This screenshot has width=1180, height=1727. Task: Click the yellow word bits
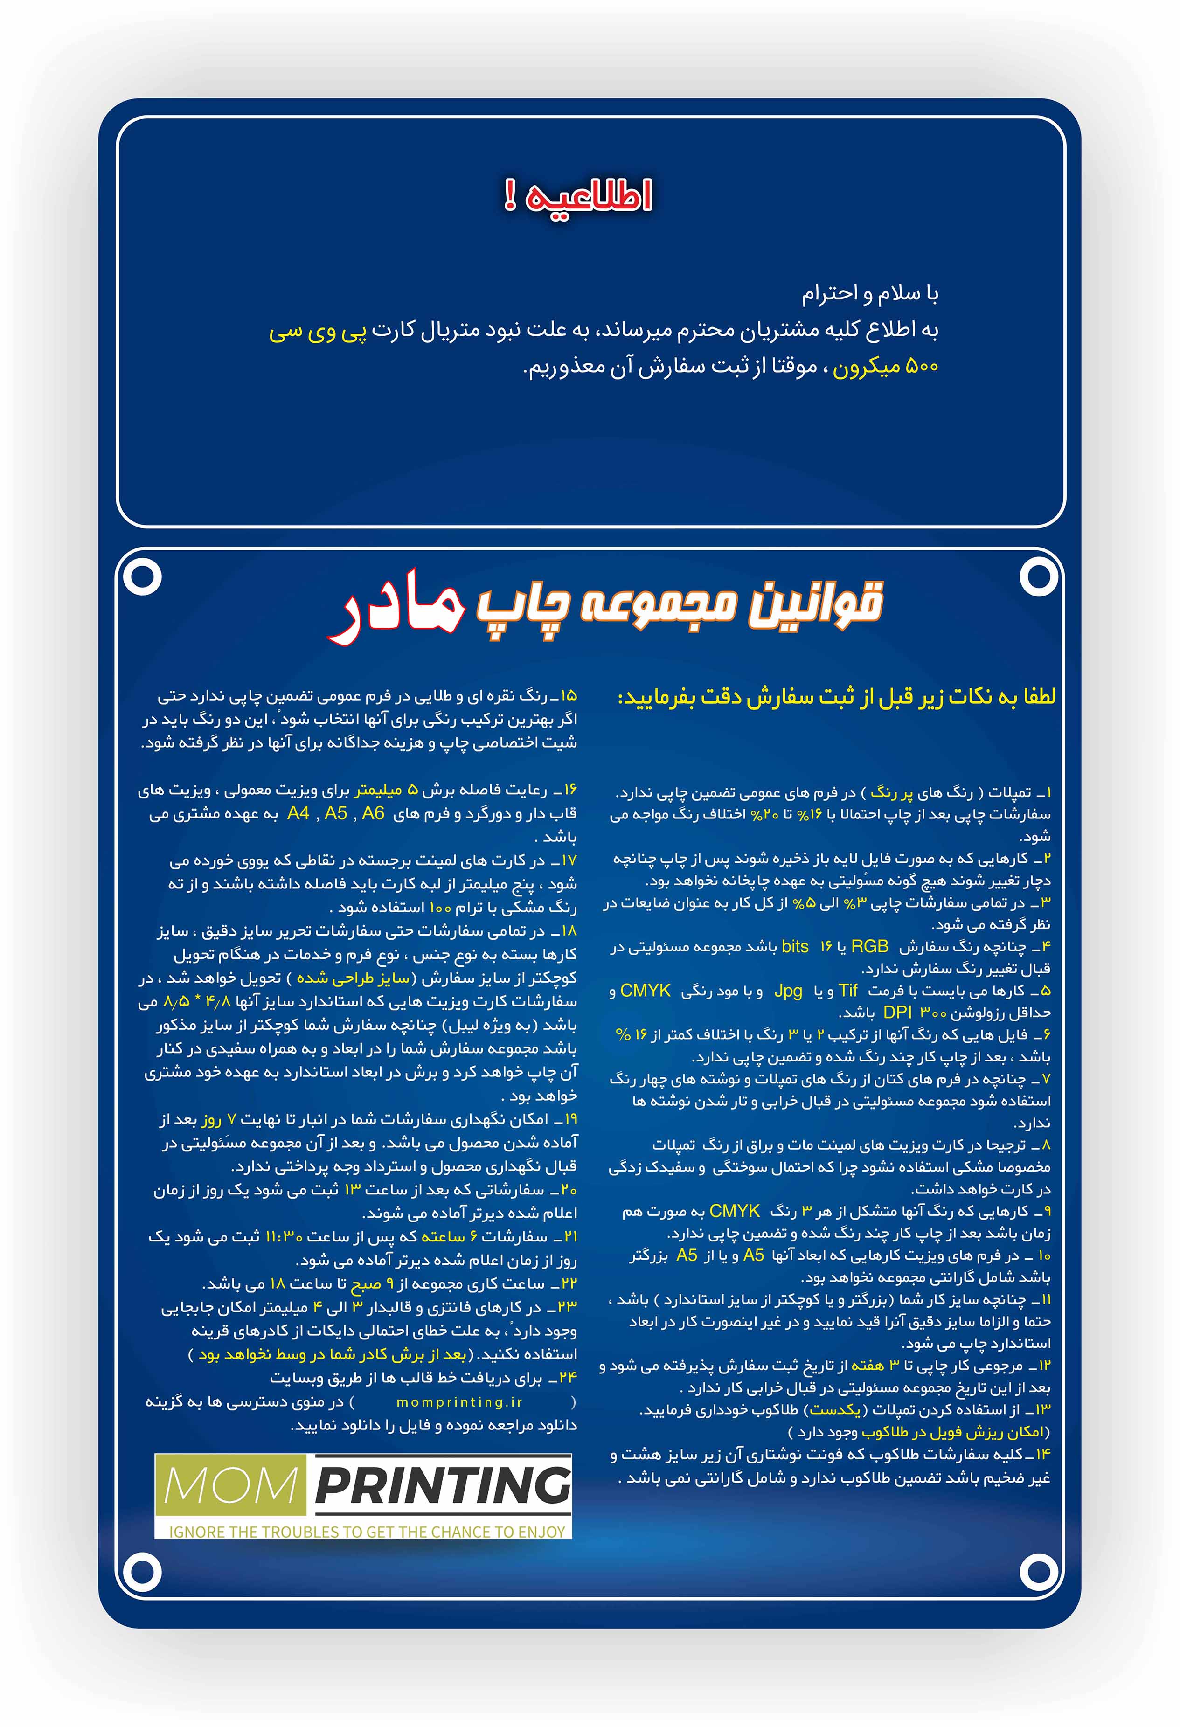795,947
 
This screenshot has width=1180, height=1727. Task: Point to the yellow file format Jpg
788,991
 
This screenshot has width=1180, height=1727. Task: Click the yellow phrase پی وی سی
318,332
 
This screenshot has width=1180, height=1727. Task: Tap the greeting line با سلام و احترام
869,294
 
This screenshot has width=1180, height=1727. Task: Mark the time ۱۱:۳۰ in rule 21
284,1236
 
